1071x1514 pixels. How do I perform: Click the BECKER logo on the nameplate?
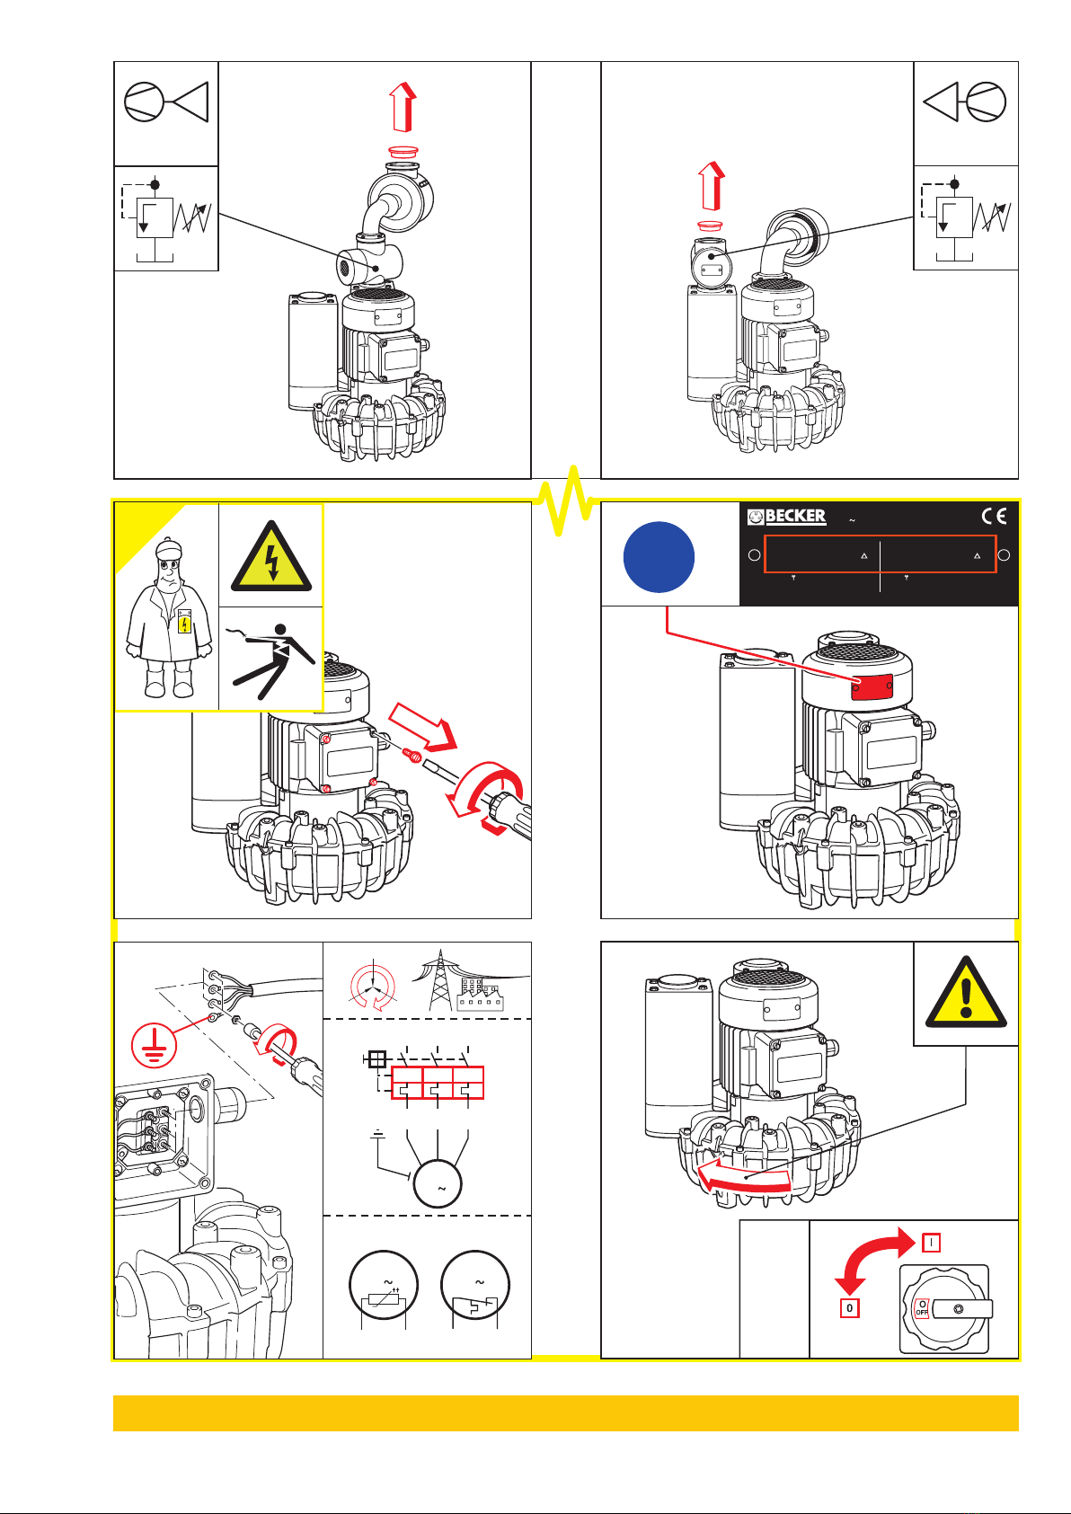(x=786, y=517)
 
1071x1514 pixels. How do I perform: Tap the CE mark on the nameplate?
(x=994, y=517)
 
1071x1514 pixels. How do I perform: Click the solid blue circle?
(x=659, y=557)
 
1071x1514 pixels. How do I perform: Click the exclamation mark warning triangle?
(x=966, y=992)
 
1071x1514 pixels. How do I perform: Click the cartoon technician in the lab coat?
(x=169, y=618)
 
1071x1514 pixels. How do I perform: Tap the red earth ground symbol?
(x=154, y=1045)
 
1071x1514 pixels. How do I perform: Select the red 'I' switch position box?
(x=931, y=1243)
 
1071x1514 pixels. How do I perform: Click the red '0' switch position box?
(x=849, y=1308)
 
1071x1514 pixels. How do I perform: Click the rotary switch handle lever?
(x=962, y=1309)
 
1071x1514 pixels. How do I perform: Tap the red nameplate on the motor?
(x=872, y=686)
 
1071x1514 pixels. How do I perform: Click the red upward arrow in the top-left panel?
(x=403, y=107)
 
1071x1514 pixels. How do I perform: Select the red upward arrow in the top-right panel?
(x=711, y=186)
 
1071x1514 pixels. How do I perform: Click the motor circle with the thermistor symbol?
(x=383, y=1285)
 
